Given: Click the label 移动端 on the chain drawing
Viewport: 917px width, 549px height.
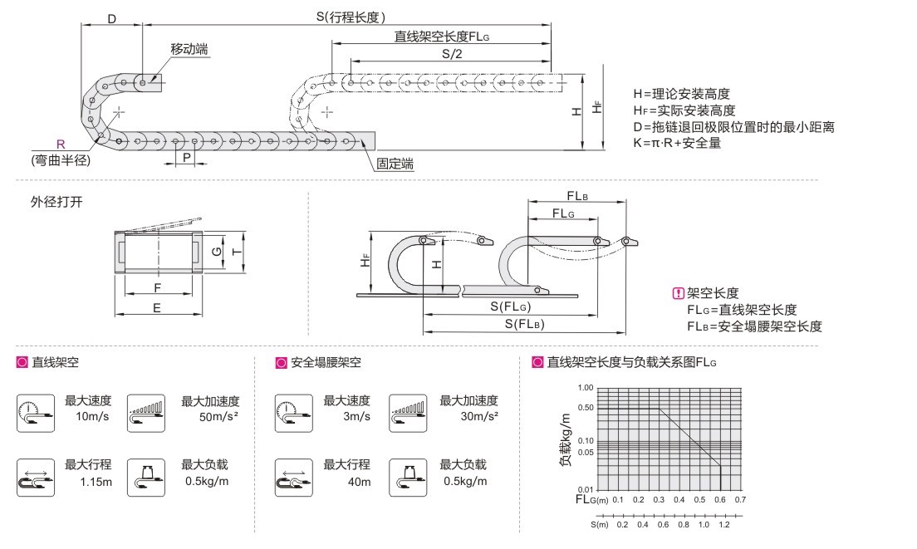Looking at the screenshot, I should click(x=189, y=50).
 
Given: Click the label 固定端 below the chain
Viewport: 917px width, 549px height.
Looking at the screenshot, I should click(x=395, y=164).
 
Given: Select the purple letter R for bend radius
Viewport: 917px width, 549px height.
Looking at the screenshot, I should click(x=60, y=144).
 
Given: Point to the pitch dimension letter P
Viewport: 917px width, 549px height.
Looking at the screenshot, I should click(x=187, y=157).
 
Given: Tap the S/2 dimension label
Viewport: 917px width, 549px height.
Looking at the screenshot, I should click(x=452, y=54).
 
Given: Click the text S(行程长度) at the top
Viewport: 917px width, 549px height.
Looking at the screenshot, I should click(x=351, y=16).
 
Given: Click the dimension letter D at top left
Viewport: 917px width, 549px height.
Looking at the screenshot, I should click(x=112, y=18).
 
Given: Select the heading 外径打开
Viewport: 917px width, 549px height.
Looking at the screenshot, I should click(x=57, y=202).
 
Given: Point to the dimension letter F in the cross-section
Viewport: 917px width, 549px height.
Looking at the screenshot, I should click(x=157, y=287).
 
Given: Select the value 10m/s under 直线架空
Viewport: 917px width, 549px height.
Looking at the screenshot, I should click(x=92, y=415).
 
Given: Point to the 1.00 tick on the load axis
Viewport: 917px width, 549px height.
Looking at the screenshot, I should click(x=585, y=388).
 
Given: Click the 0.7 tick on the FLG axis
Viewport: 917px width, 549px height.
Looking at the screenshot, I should click(x=741, y=500).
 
